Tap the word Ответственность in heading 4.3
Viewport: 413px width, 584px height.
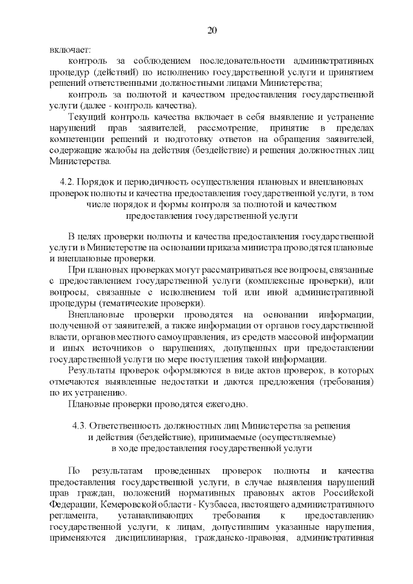coord(126,426)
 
